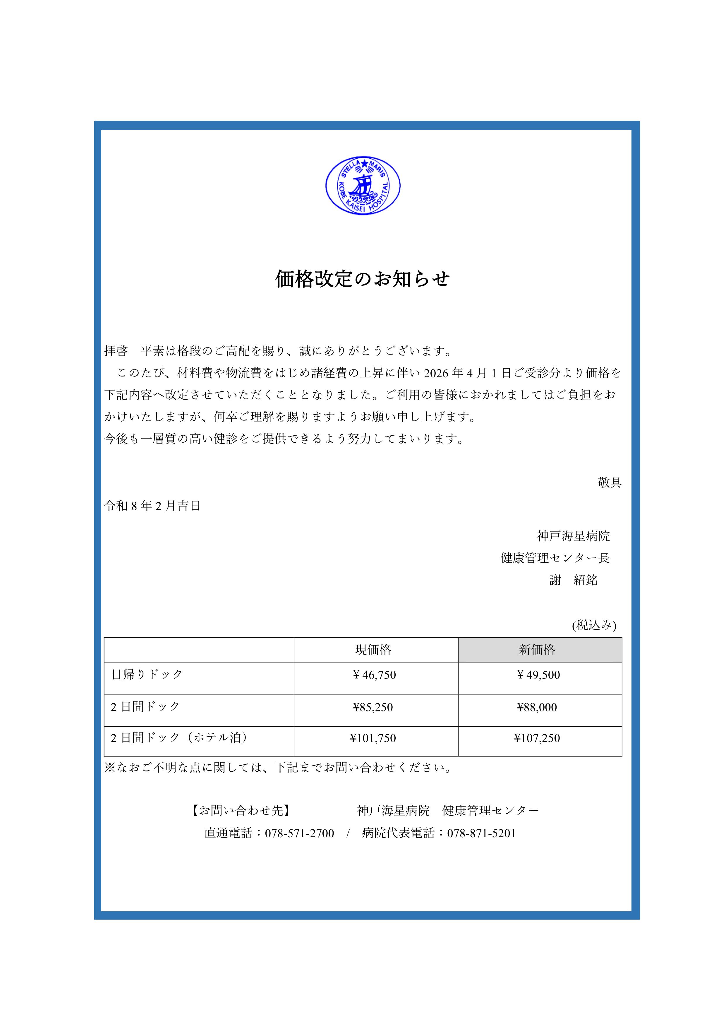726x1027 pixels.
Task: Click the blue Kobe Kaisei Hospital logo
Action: pyautogui.click(x=363, y=185)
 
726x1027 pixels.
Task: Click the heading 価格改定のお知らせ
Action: pyautogui.click(x=363, y=279)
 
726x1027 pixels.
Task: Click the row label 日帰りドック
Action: pyautogui.click(x=147, y=674)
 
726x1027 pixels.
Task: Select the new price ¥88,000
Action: pyautogui.click(x=537, y=707)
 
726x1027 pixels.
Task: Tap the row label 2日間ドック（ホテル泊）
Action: pyautogui.click(x=179, y=737)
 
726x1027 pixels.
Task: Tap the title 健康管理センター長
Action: pyautogui.click(x=555, y=558)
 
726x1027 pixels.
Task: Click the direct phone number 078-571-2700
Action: pyautogui.click(x=300, y=833)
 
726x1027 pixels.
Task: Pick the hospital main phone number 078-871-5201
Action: pyautogui.click(x=481, y=833)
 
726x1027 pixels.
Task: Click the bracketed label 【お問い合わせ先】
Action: pyautogui.click(x=241, y=810)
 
